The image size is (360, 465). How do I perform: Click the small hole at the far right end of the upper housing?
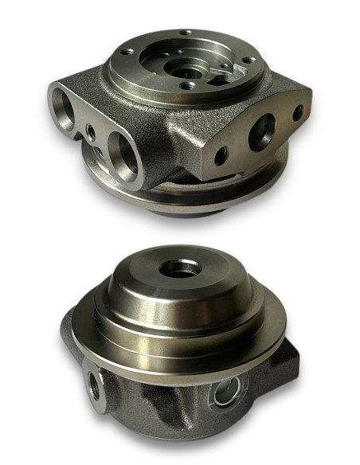click(297, 113)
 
